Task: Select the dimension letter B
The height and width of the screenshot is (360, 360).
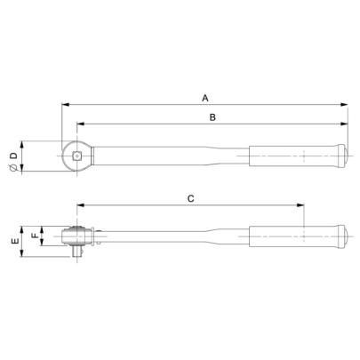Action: (212, 116)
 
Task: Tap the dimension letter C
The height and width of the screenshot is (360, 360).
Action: (191, 200)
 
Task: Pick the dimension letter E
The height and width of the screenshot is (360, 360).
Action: (12, 240)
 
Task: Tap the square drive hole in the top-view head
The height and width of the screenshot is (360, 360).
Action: (78, 158)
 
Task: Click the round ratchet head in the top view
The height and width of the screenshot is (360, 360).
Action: (76, 157)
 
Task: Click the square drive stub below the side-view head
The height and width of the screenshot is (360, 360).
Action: (78, 252)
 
